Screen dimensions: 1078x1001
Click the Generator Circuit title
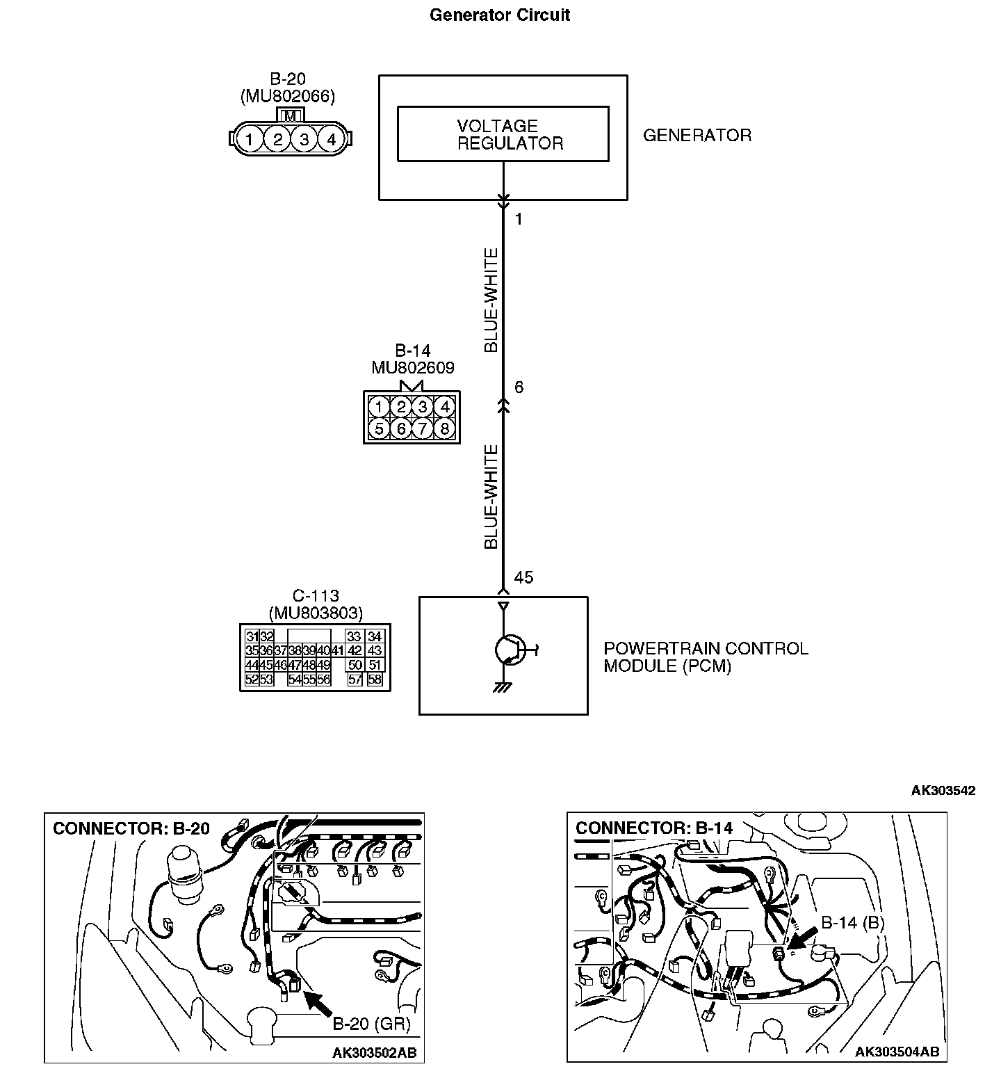click(x=500, y=15)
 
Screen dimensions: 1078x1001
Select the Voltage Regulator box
click(x=503, y=134)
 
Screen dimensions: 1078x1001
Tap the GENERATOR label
click(x=697, y=136)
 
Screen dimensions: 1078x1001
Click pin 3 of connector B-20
click(x=304, y=140)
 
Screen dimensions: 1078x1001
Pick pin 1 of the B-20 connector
click(x=248, y=140)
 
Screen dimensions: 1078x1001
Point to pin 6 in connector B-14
click(x=401, y=428)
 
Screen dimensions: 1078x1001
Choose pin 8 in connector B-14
click(x=444, y=428)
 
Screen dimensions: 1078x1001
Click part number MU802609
click(x=412, y=368)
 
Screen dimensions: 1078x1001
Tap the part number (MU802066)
click(x=288, y=97)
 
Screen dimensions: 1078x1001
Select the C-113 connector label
click(x=316, y=596)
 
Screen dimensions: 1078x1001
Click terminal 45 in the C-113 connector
click(x=266, y=665)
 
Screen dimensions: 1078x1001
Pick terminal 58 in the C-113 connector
click(x=375, y=679)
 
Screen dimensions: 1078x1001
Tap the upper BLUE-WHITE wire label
click(x=491, y=300)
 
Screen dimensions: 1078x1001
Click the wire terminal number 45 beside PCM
click(x=523, y=578)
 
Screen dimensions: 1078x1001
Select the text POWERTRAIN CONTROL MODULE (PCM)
click(x=705, y=657)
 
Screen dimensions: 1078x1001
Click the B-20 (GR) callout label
click(x=371, y=1024)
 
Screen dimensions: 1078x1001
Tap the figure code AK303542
click(x=943, y=790)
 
